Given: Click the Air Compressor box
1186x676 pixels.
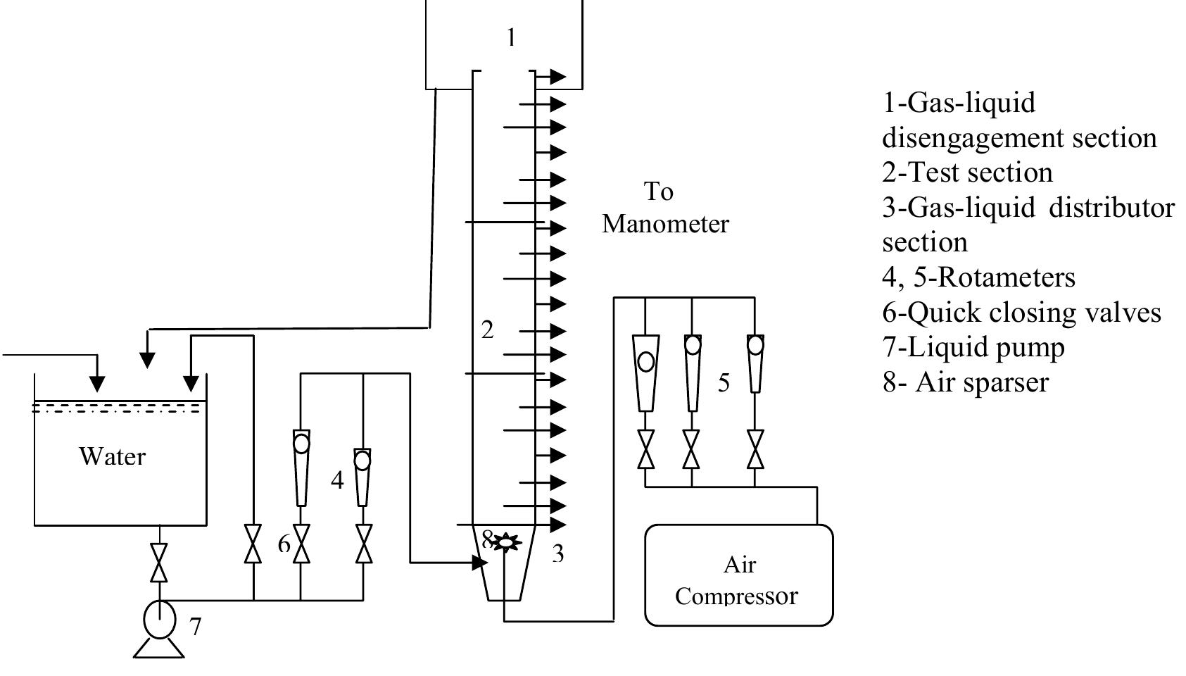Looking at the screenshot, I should [739, 575].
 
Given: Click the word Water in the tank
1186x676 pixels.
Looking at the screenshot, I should [113, 456].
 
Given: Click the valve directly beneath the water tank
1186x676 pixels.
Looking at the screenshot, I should [160, 563].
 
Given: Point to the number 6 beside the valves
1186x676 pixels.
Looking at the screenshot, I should [284, 544].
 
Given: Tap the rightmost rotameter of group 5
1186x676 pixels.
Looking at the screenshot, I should [755, 363].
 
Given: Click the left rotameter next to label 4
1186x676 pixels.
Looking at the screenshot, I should [301, 465].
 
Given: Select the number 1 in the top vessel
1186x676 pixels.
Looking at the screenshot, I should [512, 37].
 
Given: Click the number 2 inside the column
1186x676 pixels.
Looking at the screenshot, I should [487, 329].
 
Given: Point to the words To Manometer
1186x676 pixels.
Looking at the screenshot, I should [664, 208].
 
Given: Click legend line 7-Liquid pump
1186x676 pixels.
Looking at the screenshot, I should [973, 347].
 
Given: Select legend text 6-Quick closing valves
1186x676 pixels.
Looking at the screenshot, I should [1021, 312].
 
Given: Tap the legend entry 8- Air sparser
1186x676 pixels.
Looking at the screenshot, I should [965, 382].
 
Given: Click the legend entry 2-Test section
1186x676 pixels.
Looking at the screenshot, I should [967, 173].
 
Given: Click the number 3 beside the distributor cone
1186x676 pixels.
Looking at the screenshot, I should [557, 553].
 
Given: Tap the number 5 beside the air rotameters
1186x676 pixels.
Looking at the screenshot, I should [724, 382].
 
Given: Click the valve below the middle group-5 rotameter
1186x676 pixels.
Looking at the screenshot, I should [692, 449].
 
